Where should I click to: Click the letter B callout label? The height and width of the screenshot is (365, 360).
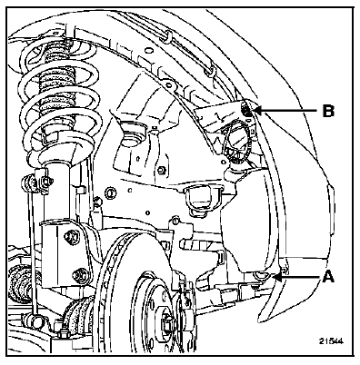tap(328, 111)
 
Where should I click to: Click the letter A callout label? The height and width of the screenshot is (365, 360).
tap(328, 277)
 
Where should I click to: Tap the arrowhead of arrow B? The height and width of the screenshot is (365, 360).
tap(257, 111)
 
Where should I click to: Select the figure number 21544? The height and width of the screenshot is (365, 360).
tap(331, 341)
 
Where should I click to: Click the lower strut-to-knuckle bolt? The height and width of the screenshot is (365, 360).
tap(80, 274)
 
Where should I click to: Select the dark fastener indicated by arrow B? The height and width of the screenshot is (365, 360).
tap(247, 111)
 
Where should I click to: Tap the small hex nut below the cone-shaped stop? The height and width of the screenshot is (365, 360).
tap(162, 170)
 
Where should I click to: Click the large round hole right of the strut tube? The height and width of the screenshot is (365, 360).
tap(110, 192)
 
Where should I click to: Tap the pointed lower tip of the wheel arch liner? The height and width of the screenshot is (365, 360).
tap(260, 321)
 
